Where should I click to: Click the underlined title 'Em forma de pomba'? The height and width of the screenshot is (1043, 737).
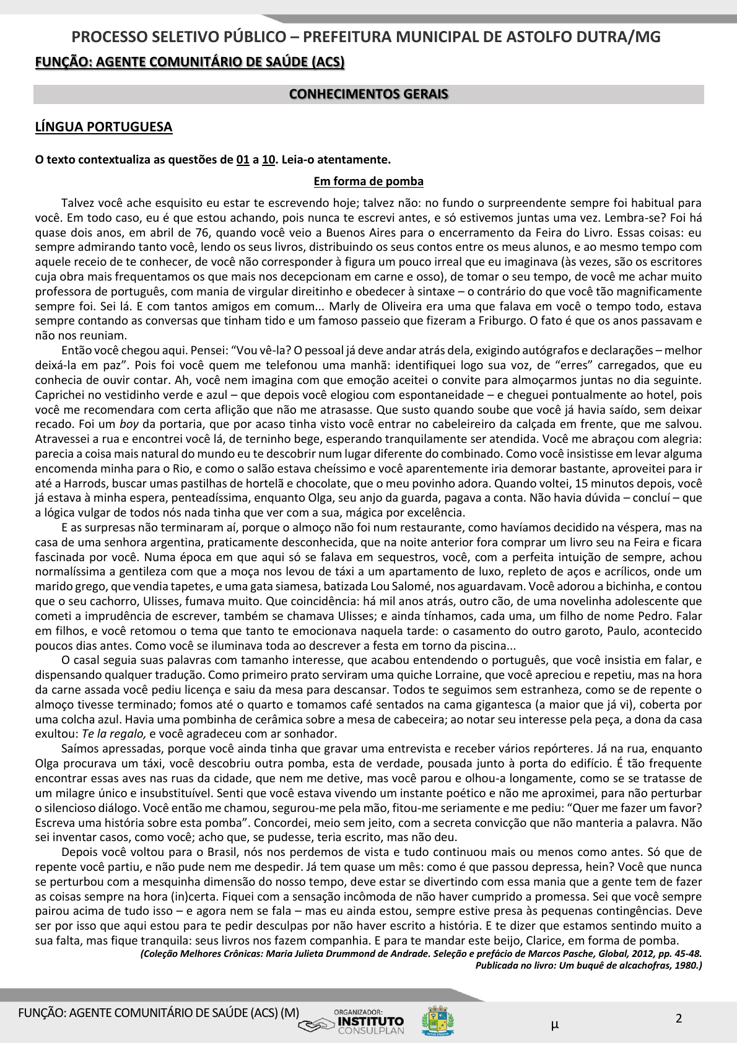[368, 181]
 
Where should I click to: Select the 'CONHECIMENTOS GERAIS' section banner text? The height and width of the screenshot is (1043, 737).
[368, 94]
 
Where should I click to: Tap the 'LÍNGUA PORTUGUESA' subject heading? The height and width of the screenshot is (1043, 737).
[103, 127]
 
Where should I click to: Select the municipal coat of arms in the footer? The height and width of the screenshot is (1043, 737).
[438, 1021]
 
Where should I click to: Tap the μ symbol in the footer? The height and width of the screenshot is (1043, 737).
[554, 1025]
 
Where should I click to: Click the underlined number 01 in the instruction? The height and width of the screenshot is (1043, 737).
[243, 160]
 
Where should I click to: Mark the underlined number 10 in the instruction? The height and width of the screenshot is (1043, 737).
[268, 160]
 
